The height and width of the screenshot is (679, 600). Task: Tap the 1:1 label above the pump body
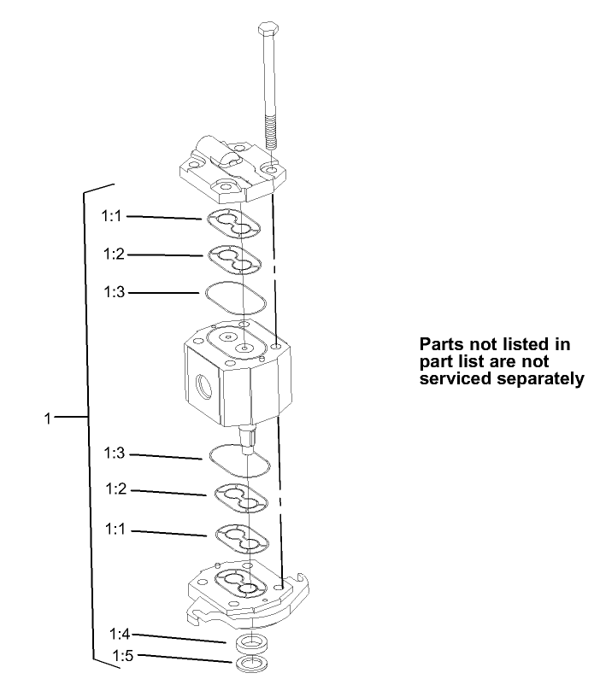(114, 216)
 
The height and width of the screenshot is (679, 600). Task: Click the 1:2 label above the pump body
(114, 254)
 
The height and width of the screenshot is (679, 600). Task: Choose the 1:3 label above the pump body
(114, 292)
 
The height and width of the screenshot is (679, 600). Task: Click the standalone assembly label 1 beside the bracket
(48, 418)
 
